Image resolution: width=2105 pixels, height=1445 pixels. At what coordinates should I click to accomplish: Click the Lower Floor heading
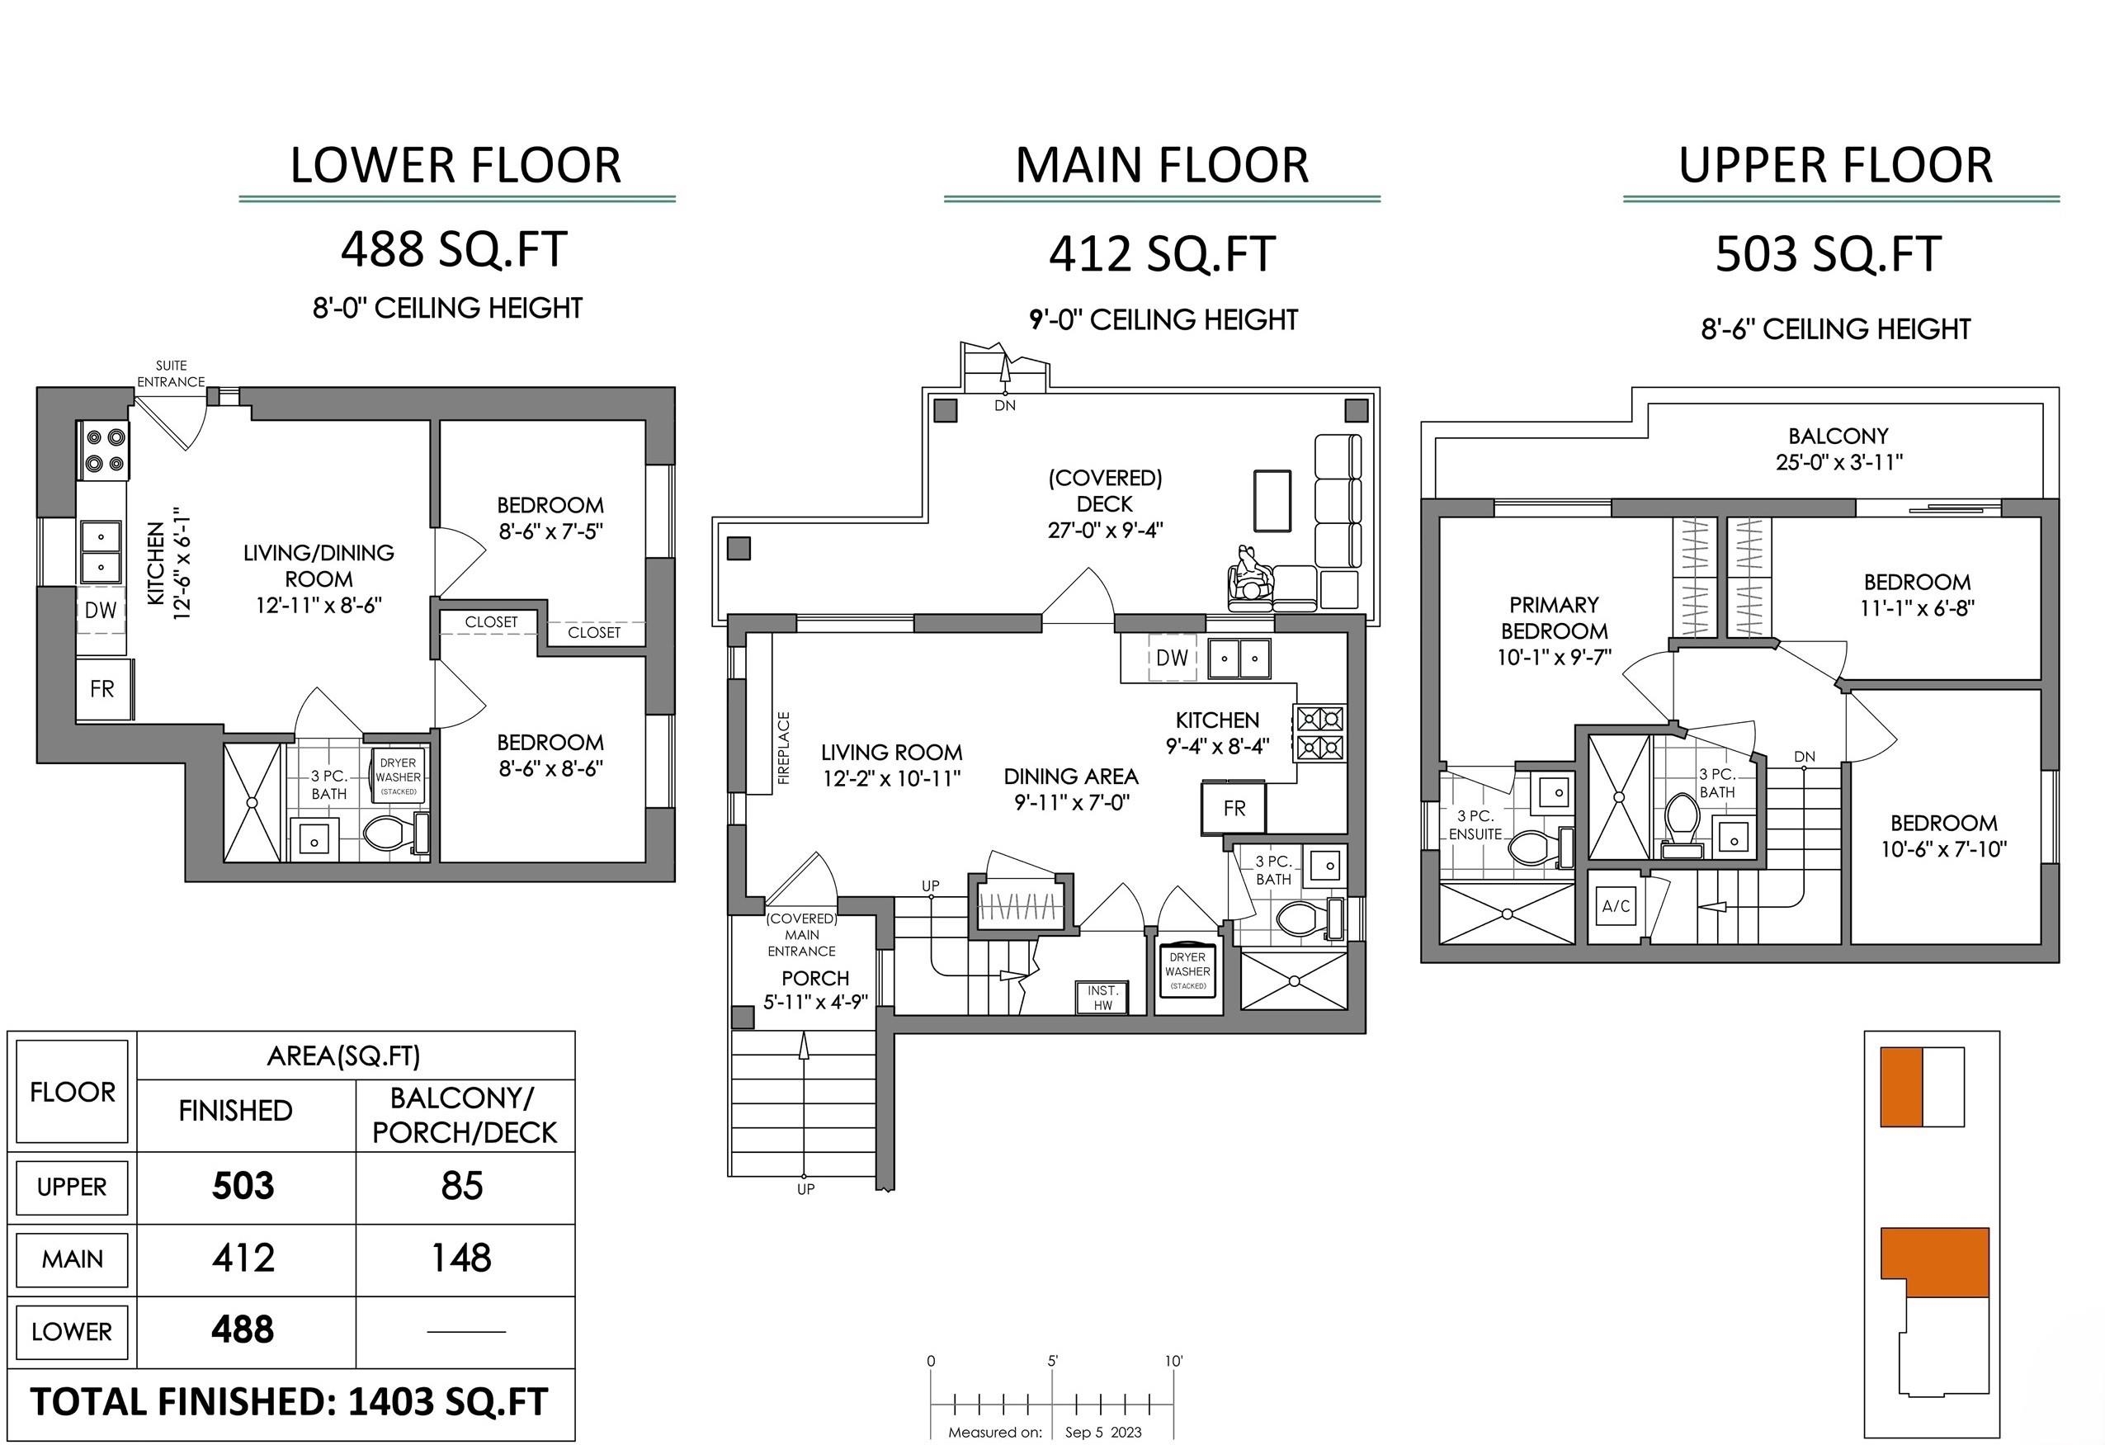(455, 165)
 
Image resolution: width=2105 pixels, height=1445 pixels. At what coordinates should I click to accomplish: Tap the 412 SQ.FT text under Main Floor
(1162, 253)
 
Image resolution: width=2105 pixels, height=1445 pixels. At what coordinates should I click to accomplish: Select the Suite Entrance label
(171, 373)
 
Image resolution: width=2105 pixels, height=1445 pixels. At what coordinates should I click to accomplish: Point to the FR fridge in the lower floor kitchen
(103, 689)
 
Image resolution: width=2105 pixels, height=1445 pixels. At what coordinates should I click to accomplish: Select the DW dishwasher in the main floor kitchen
(1172, 658)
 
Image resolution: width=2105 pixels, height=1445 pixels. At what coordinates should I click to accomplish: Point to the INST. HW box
(1102, 998)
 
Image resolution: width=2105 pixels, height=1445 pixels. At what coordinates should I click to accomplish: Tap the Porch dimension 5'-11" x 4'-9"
(815, 1002)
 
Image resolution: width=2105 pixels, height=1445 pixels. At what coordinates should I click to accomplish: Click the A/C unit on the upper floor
(1616, 905)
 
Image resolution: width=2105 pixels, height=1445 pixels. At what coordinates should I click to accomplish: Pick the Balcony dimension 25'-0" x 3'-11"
(1838, 462)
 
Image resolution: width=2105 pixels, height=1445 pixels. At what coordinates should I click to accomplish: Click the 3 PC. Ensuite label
(1475, 824)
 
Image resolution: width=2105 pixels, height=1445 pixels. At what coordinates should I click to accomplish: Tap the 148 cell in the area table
(462, 1258)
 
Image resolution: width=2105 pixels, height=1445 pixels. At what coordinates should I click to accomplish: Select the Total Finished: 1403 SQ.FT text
(290, 1401)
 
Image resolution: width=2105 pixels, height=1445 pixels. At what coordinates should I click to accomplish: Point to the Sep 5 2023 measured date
(1103, 1433)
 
